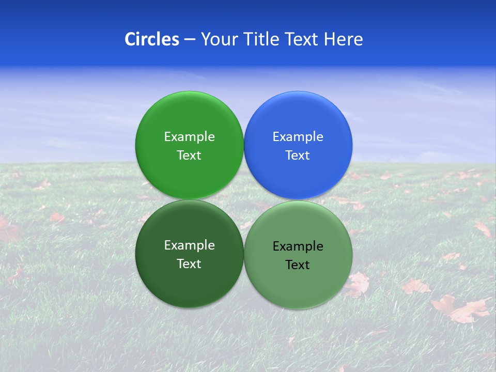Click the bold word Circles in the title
[151, 39]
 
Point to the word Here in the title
[343, 39]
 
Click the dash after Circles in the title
[189, 39]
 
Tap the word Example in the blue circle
[298, 136]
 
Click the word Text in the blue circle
[298, 155]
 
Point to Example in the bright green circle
[189, 136]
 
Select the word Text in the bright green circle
[189, 155]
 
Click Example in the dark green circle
[189, 245]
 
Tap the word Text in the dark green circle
[189, 263]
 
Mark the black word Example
[298, 246]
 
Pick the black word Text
[298, 265]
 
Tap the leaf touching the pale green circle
[359, 284]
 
